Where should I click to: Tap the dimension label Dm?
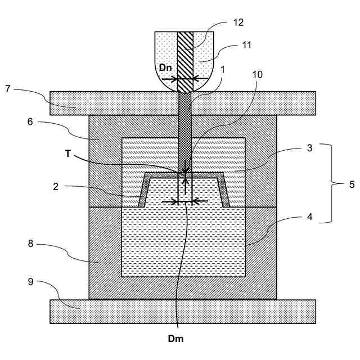tap(177, 339)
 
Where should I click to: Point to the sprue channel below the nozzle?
tap(184, 129)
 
